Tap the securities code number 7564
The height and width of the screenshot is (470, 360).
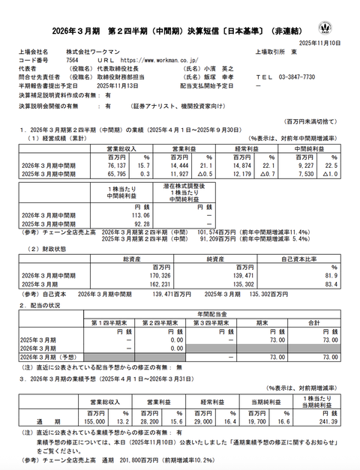74,61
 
